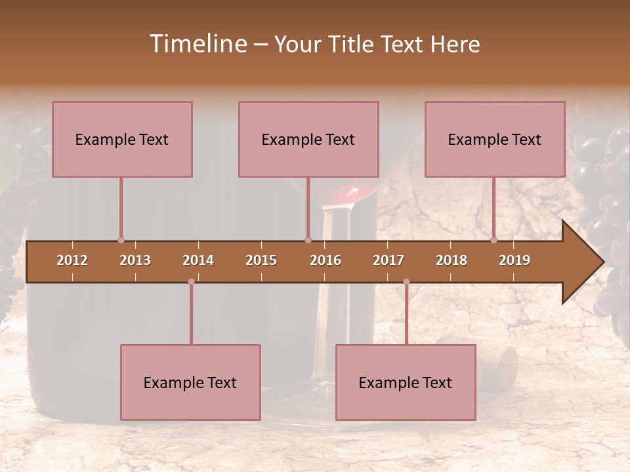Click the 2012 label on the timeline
point(72,260)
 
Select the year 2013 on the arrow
point(135,260)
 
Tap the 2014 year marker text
point(198,260)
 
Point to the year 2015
point(261,260)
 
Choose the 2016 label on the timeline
point(325,260)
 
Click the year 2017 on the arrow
point(388,260)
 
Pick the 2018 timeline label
point(451,260)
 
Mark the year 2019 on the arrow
point(514,260)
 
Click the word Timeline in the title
point(198,44)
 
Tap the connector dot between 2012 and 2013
point(121,240)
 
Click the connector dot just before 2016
point(308,240)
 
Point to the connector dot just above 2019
point(494,240)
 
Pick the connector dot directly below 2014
point(191,282)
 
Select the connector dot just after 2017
point(406,282)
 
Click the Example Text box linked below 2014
point(190,382)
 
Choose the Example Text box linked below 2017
point(406,382)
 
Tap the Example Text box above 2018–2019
point(495,139)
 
